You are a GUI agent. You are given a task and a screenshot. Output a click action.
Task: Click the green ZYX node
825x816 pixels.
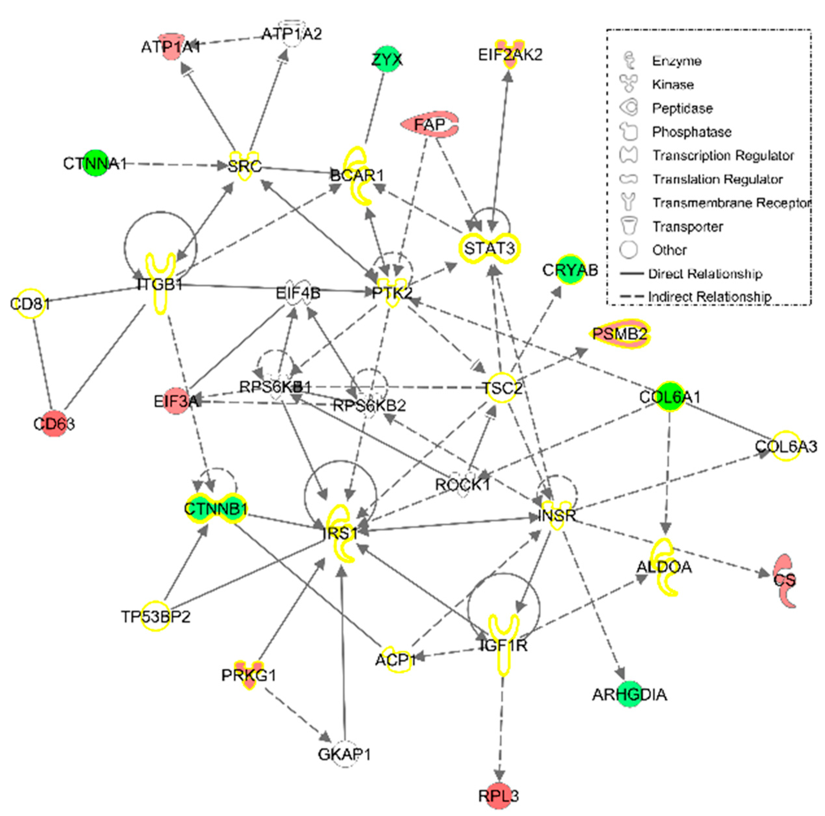point(386,59)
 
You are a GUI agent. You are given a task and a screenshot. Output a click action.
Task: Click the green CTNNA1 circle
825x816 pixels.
point(96,163)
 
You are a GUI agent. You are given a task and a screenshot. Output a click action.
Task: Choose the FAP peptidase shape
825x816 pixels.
point(429,124)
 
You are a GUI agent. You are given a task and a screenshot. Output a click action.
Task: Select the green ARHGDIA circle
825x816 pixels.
point(629,694)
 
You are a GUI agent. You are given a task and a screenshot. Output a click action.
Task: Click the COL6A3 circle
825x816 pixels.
point(786,446)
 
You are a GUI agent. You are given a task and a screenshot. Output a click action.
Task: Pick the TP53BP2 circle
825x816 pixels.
point(156,616)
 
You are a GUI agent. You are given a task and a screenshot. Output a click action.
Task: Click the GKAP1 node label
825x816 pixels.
point(344,754)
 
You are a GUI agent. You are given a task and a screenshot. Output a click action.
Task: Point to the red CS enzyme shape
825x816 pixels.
point(785,580)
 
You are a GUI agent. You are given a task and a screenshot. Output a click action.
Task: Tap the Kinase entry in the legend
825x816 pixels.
point(672,84)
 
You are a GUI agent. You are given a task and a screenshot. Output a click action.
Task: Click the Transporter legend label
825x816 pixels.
point(687,226)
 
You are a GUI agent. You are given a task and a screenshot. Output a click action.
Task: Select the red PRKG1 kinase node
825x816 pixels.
point(249,675)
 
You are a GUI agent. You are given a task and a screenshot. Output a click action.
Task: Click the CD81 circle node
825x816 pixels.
point(30,304)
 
